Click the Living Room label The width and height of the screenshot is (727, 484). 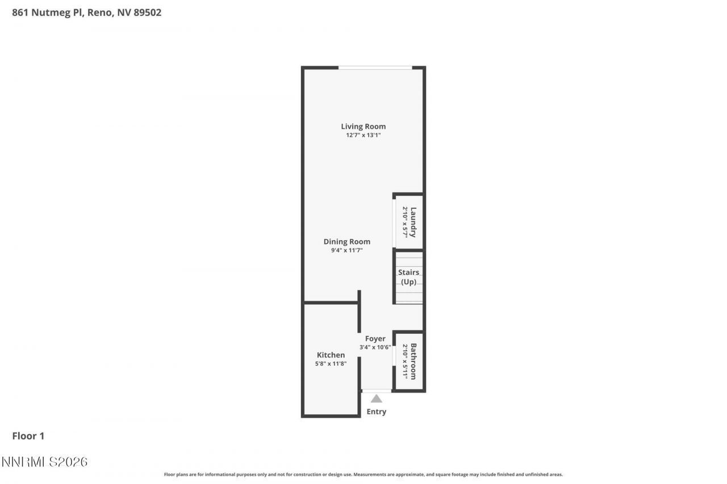363,127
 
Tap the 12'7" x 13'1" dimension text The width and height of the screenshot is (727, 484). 363,136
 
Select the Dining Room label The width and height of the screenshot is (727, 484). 346,242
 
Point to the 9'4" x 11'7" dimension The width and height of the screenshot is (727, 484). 346,250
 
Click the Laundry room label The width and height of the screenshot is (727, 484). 413,222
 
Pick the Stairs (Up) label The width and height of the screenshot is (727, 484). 408,277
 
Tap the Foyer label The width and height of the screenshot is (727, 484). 375,339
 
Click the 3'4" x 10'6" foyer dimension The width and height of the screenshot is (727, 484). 375,347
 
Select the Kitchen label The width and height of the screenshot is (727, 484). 331,355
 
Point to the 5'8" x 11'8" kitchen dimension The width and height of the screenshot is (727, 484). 331,364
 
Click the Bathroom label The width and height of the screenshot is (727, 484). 413,361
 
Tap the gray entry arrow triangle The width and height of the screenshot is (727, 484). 377,399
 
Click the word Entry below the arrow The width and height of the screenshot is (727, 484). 377,412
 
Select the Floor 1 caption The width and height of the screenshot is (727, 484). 28,436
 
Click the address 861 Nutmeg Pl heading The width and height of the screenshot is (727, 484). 48,12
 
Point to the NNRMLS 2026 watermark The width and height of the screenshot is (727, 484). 44,462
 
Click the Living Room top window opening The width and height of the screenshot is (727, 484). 375,68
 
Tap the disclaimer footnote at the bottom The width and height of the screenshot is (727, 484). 363,474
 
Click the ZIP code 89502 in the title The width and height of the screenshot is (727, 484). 147,12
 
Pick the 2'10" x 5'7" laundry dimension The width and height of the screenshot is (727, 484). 405,222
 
